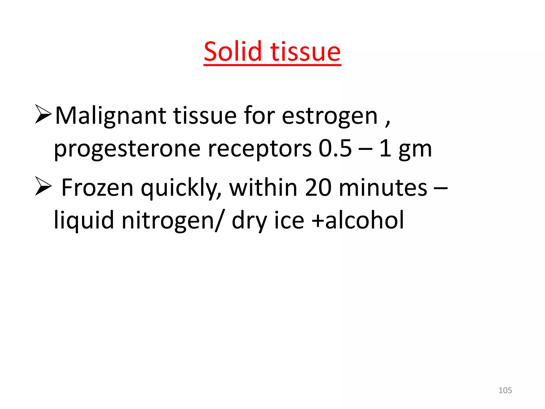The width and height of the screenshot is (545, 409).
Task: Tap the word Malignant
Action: [110, 116]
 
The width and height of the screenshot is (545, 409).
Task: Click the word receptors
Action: [259, 149]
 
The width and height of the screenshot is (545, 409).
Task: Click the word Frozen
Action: [97, 188]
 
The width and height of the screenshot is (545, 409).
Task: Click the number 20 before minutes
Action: [318, 188]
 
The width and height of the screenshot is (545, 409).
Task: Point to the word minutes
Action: [383, 188]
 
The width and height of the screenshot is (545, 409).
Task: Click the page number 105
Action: [505, 390]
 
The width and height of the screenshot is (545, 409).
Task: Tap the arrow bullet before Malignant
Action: [43, 114]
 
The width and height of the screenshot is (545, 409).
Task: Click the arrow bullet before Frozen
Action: [43, 186]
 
